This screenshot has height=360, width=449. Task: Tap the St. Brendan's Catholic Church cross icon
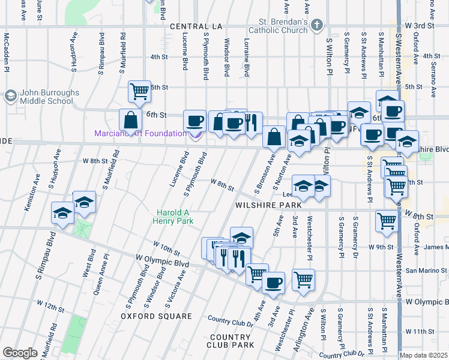pyautogui.click(x=318, y=26)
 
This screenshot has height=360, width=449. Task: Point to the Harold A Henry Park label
pyautogui.click(x=175, y=217)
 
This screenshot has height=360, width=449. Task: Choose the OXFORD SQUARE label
pyautogui.click(x=148, y=316)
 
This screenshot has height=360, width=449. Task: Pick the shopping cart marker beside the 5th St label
pyautogui.click(x=139, y=92)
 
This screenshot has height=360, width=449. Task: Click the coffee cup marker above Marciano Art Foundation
pyautogui.click(x=194, y=121)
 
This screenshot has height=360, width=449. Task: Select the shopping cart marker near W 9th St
pyautogui.click(x=387, y=221)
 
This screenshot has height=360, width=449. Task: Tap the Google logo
pyautogui.click(x=20, y=353)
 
